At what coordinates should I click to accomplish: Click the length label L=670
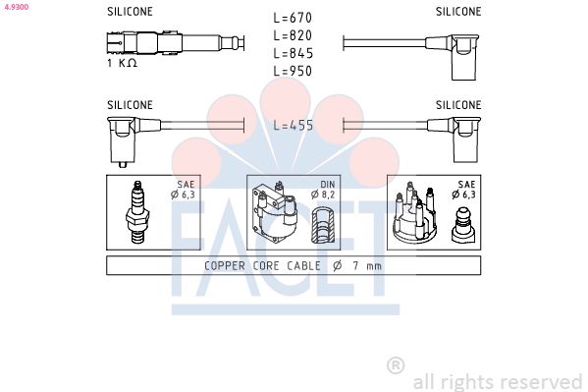pyautogui.click(x=293, y=18)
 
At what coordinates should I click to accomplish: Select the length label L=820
pyautogui.click(x=293, y=35)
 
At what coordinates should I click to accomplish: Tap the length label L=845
pyautogui.click(x=293, y=53)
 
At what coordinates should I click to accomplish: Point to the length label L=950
pyautogui.click(x=293, y=71)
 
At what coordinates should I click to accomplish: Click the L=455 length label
pyautogui.click(x=293, y=126)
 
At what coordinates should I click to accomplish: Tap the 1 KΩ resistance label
pyautogui.click(x=122, y=63)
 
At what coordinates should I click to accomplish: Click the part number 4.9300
pyautogui.click(x=17, y=7)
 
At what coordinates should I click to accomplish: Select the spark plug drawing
pyautogui.click(x=137, y=212)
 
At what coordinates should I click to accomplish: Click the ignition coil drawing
pyautogui.click(x=275, y=212)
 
